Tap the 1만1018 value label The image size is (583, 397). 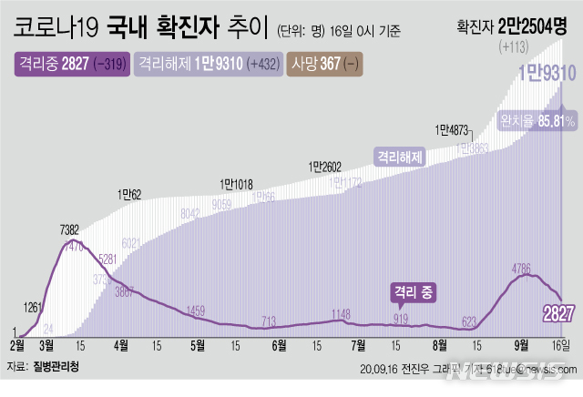(x=236, y=185)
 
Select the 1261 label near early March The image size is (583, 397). (x=33, y=307)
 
